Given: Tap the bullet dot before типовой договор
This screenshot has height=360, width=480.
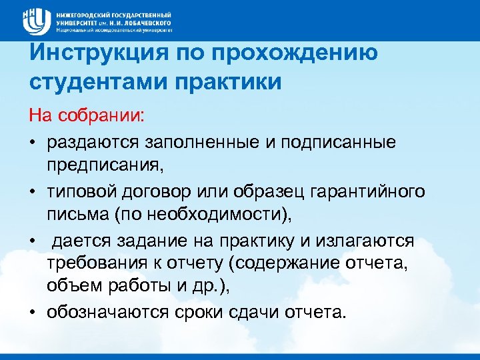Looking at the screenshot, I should [x=31, y=193].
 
